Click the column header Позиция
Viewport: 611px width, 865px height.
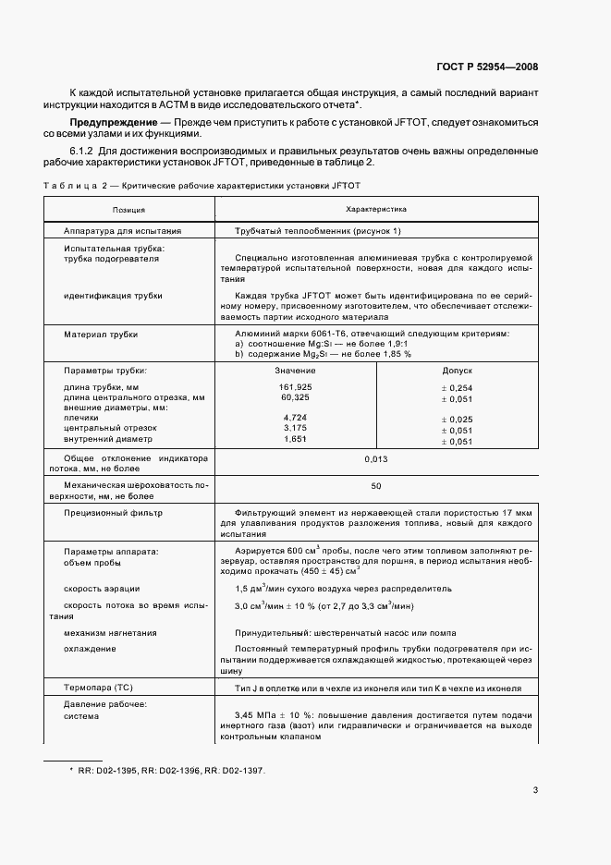[128, 210]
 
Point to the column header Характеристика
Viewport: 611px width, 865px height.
[375, 210]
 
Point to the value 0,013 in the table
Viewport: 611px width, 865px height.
[375, 458]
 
